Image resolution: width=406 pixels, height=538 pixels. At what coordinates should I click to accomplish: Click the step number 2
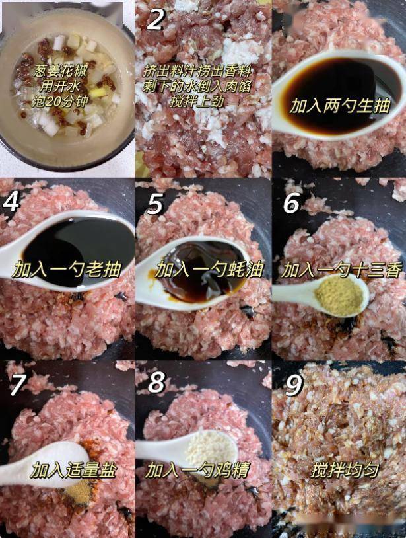click(x=155, y=20)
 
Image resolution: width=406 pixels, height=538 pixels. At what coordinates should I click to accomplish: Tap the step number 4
click(x=11, y=202)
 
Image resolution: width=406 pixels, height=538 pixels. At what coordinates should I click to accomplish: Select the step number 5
click(x=154, y=204)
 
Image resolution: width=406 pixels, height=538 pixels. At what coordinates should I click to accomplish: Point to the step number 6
click(x=292, y=202)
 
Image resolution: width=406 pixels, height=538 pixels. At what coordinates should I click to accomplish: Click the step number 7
click(x=17, y=385)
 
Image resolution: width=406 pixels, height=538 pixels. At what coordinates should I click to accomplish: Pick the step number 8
click(x=156, y=383)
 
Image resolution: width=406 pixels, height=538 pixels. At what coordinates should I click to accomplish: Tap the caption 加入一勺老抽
click(x=67, y=270)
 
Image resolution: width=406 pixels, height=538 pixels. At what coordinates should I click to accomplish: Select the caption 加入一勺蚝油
click(x=209, y=270)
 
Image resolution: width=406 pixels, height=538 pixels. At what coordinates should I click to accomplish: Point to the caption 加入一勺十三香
click(x=341, y=270)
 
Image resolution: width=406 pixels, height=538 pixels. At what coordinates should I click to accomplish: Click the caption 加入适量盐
click(x=74, y=470)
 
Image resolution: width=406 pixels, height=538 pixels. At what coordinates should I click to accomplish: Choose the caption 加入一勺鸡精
click(x=197, y=470)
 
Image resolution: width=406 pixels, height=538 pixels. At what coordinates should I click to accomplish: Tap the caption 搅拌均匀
click(x=345, y=470)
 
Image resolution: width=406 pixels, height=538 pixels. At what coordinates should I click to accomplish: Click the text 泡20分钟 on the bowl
click(x=60, y=101)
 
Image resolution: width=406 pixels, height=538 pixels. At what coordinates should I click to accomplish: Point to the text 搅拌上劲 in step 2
click(x=197, y=101)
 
